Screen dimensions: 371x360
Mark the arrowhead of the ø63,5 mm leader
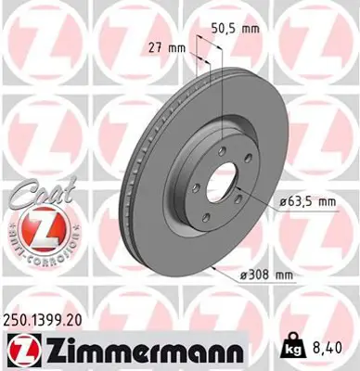[x=238, y=189]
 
